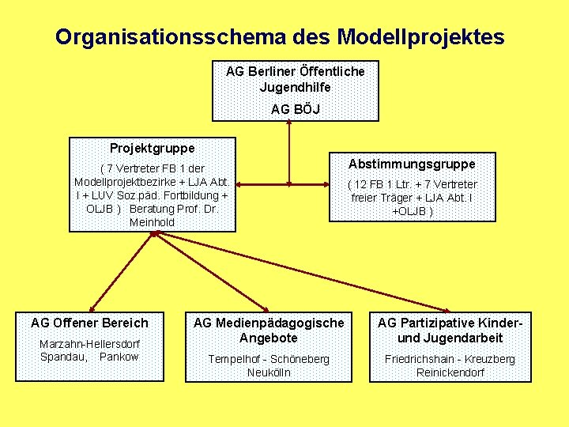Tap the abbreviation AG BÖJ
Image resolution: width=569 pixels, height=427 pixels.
coord(295,109)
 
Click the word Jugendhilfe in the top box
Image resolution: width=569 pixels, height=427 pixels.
coord(295,87)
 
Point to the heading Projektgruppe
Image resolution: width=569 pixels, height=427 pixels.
coord(152,148)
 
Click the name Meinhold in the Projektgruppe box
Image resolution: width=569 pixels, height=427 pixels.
coord(152,222)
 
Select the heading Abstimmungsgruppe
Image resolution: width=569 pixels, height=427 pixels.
coord(412,164)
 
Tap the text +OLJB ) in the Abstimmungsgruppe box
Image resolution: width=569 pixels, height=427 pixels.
coord(413,210)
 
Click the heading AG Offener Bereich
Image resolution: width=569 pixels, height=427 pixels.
coord(89,323)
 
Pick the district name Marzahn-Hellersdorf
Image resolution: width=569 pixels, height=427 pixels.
coord(89,344)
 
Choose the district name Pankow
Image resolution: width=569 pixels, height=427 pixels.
coord(119,357)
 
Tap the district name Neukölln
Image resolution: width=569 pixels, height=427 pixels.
coord(269,372)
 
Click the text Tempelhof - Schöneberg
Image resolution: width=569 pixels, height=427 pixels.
coord(269,359)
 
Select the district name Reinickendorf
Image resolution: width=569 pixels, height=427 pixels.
coord(450,372)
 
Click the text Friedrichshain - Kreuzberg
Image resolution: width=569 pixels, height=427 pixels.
coord(450,359)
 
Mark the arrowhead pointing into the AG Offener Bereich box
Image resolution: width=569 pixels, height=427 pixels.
coord(92,308)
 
